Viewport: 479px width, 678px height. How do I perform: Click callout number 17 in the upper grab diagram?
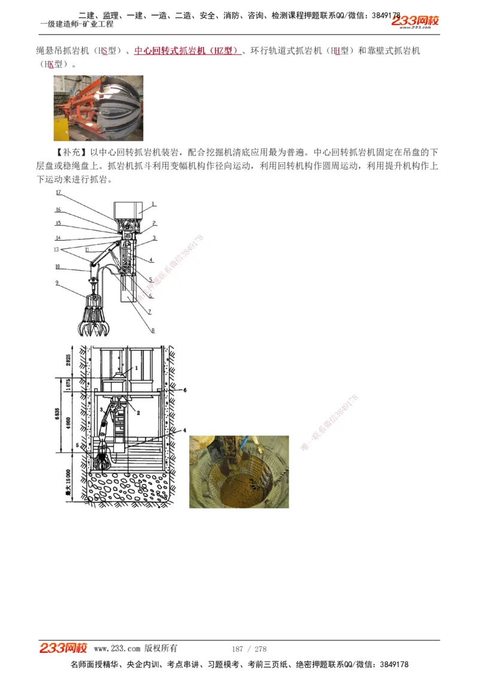58,193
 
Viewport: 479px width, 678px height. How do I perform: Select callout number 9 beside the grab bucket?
57,282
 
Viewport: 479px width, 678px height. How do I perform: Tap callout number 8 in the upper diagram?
153,330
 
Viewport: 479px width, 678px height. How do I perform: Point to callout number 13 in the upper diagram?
57,250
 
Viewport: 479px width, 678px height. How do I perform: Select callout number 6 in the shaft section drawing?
184,390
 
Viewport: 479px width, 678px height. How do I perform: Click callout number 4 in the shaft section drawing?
184,430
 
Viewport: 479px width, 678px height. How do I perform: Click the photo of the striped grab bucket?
98,108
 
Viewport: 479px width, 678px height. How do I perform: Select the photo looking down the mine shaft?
239,472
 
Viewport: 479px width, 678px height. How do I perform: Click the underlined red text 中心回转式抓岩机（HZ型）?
187,51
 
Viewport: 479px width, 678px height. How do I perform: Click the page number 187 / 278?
248,649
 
